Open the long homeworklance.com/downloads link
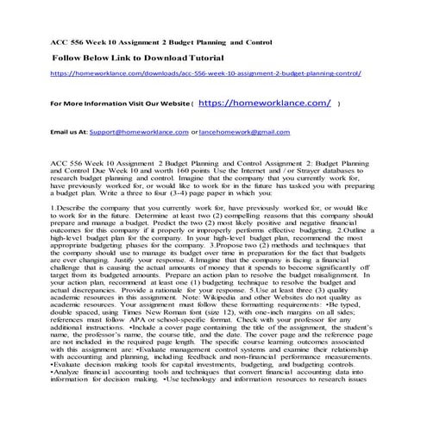coord(212,75)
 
